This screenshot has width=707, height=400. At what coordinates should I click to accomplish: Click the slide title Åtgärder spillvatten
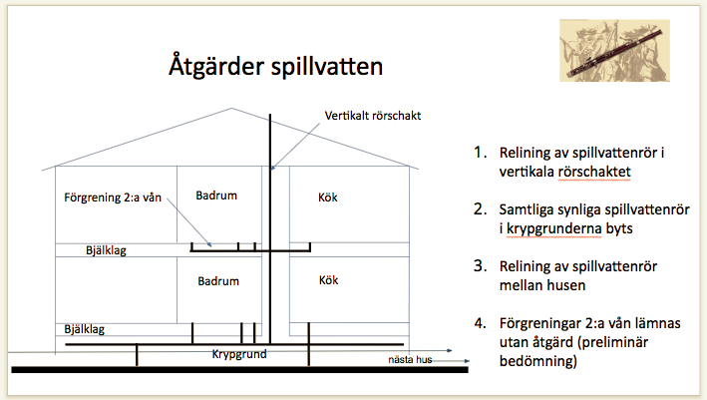tap(276, 66)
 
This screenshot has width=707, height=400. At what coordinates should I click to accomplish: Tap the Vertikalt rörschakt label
tap(373, 116)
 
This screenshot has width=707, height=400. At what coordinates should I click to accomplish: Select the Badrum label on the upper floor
tap(216, 196)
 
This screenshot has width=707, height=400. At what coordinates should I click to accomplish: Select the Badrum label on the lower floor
tap(218, 281)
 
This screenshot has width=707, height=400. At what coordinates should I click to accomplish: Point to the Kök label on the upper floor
tap(328, 198)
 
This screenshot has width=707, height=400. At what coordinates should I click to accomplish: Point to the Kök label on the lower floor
tap(329, 280)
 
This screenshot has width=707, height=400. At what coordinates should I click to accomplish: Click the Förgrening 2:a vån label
tap(113, 198)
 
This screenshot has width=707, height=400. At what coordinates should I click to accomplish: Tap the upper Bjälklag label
tap(106, 250)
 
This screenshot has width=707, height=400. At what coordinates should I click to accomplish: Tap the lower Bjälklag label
tap(85, 329)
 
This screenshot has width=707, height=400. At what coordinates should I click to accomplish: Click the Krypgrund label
tap(239, 354)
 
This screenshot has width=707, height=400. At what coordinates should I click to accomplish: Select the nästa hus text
tap(410, 359)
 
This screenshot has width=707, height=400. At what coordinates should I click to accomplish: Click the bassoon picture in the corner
tap(614, 50)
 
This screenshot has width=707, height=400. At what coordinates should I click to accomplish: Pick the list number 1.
tap(481, 153)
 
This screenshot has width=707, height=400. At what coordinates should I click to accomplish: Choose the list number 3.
tap(481, 266)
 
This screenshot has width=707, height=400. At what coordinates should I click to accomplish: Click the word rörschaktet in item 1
tap(594, 172)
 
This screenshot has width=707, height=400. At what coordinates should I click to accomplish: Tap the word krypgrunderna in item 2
tap(553, 228)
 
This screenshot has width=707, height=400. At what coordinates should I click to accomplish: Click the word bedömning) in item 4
tap(537, 361)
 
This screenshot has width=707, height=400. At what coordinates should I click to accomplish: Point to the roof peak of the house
tap(231, 109)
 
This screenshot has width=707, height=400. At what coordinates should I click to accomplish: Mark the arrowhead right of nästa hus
tap(467, 361)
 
